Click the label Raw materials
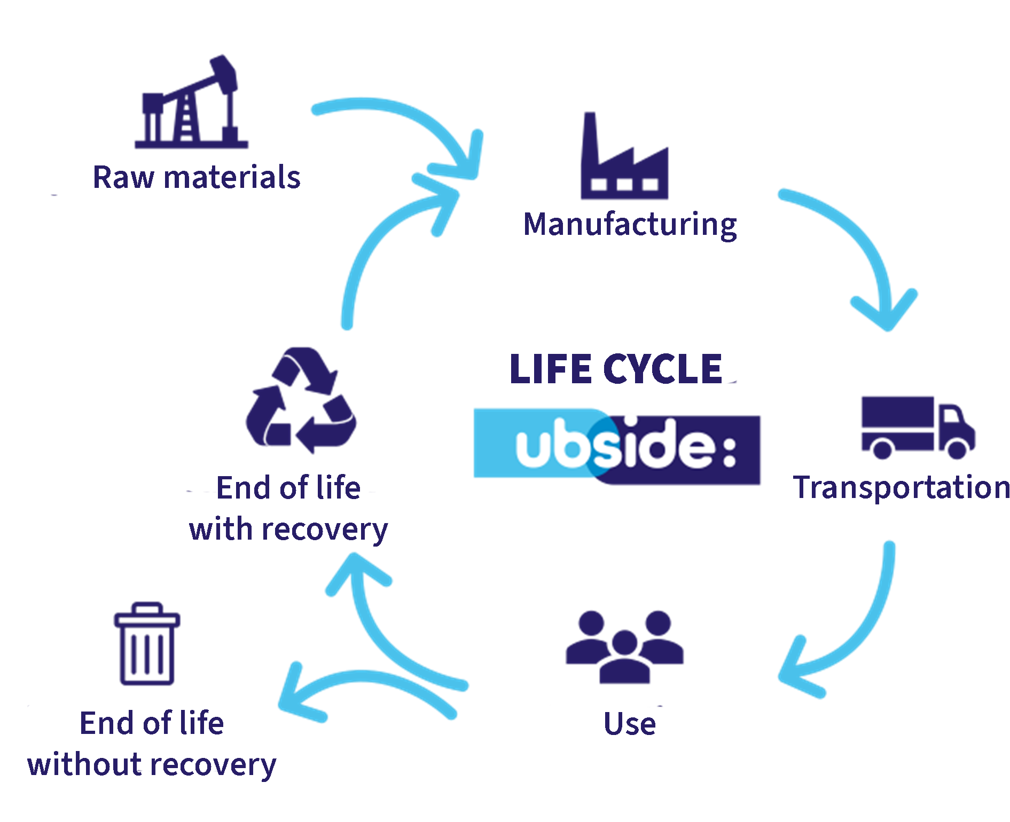tap(197, 178)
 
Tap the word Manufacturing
tap(630, 224)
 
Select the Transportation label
tap(902, 487)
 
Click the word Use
tap(630, 724)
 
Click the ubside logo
tap(617, 446)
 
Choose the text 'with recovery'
tap(288, 529)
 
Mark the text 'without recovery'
tap(153, 764)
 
